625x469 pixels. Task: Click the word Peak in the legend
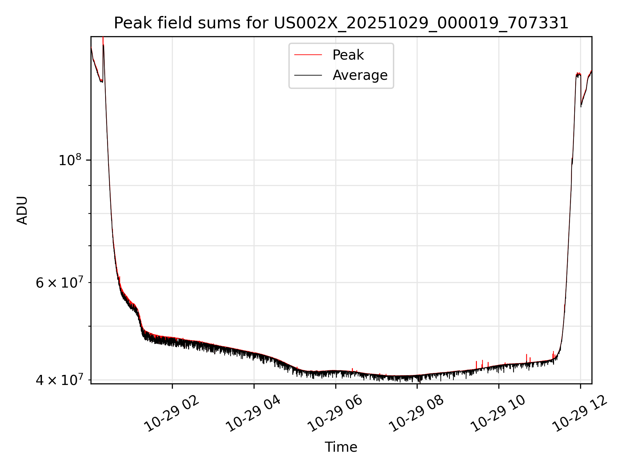pyautogui.click(x=348, y=55)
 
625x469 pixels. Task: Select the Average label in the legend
pyautogui.click(x=360, y=75)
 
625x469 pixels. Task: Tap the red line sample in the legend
pyautogui.click(x=308, y=55)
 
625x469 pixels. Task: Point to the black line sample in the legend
pyautogui.click(x=308, y=75)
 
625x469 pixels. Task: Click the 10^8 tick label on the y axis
pyautogui.click(x=69, y=160)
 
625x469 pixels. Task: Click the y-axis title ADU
pyautogui.click(x=22, y=210)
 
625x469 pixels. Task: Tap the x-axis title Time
pyautogui.click(x=341, y=447)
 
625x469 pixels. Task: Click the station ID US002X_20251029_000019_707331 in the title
pyautogui.click(x=421, y=23)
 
